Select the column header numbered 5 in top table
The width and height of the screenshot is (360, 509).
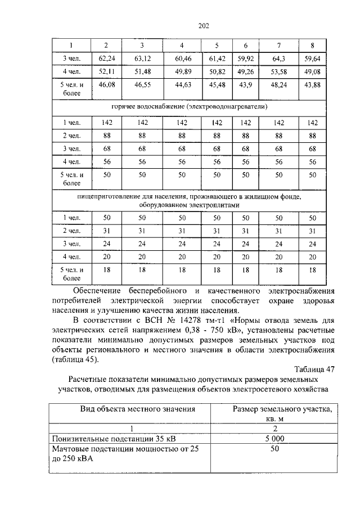tap(217, 45)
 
